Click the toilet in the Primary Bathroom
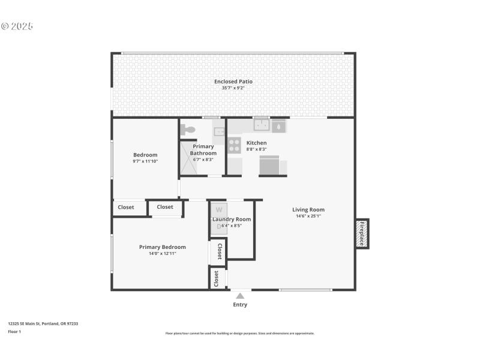(x=189, y=129)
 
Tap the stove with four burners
(x=234, y=145)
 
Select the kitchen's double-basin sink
(x=261, y=125)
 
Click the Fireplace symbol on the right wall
(x=362, y=233)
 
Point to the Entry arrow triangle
(x=240, y=295)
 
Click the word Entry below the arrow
(x=240, y=305)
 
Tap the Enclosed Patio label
(x=233, y=81)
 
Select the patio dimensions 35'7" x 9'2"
(x=233, y=88)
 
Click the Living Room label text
(x=308, y=209)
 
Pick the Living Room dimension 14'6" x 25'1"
(x=308, y=216)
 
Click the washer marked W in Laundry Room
(x=218, y=210)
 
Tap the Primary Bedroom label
(x=162, y=247)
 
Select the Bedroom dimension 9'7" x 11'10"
(x=145, y=161)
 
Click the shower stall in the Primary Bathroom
(x=188, y=158)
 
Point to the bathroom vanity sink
(x=218, y=131)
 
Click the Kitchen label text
(x=256, y=143)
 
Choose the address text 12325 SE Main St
(x=43, y=323)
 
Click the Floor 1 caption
(x=14, y=331)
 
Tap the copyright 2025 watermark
(x=17, y=26)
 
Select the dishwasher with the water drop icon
(x=279, y=126)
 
